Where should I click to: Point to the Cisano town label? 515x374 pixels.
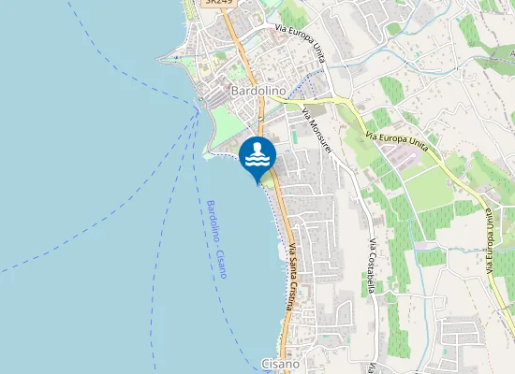coord(280,363)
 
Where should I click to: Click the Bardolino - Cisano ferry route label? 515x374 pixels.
coord(218,238)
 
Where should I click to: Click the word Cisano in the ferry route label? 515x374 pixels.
coord(224,264)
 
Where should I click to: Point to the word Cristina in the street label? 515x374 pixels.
coord(292,293)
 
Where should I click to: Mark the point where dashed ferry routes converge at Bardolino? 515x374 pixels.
coord(197,110)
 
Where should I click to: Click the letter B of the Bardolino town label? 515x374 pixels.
coord(235,91)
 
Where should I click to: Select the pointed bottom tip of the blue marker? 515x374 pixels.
coord(257,183)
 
